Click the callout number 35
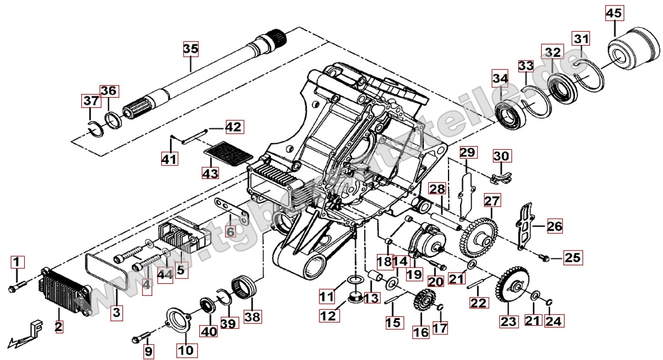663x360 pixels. click(191, 49)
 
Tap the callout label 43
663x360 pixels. click(210, 173)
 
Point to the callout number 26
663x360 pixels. click(554, 225)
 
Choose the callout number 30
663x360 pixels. click(501, 156)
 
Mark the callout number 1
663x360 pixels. click(17, 262)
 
